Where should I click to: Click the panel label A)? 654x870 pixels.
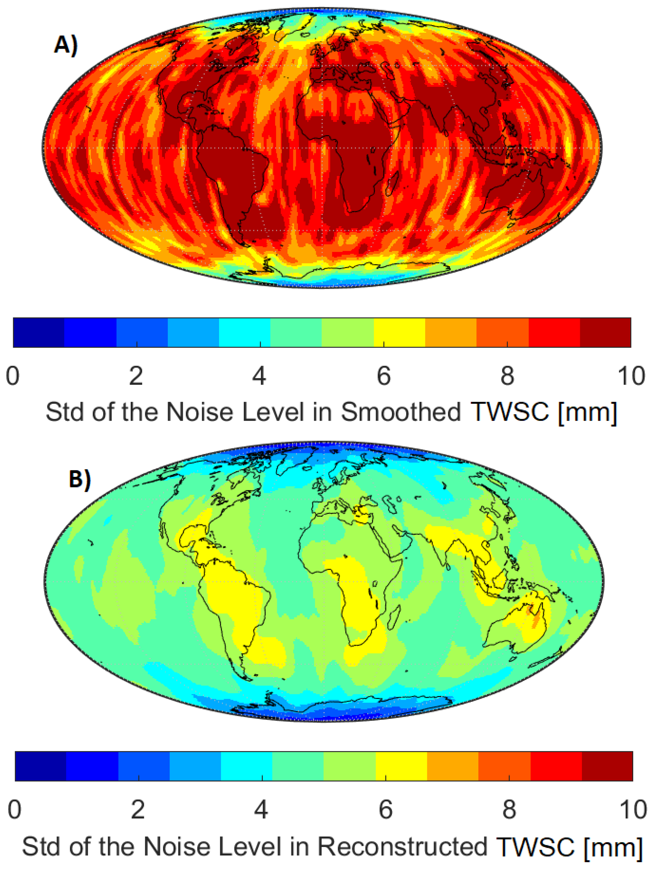click(66, 44)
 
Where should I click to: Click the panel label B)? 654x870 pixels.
click(80, 479)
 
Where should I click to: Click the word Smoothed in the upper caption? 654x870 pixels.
click(400, 412)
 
